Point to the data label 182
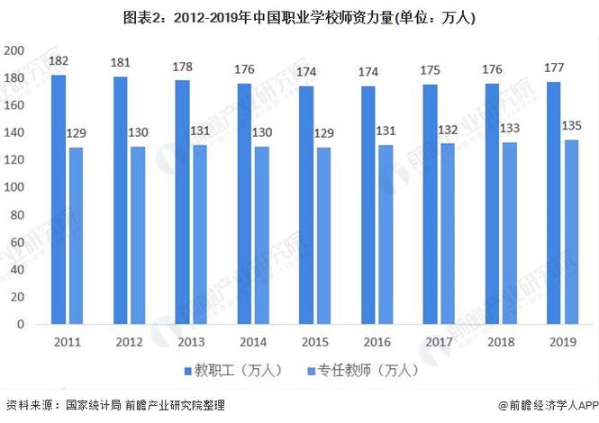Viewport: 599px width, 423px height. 59,61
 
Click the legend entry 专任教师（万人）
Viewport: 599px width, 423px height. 359,371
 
